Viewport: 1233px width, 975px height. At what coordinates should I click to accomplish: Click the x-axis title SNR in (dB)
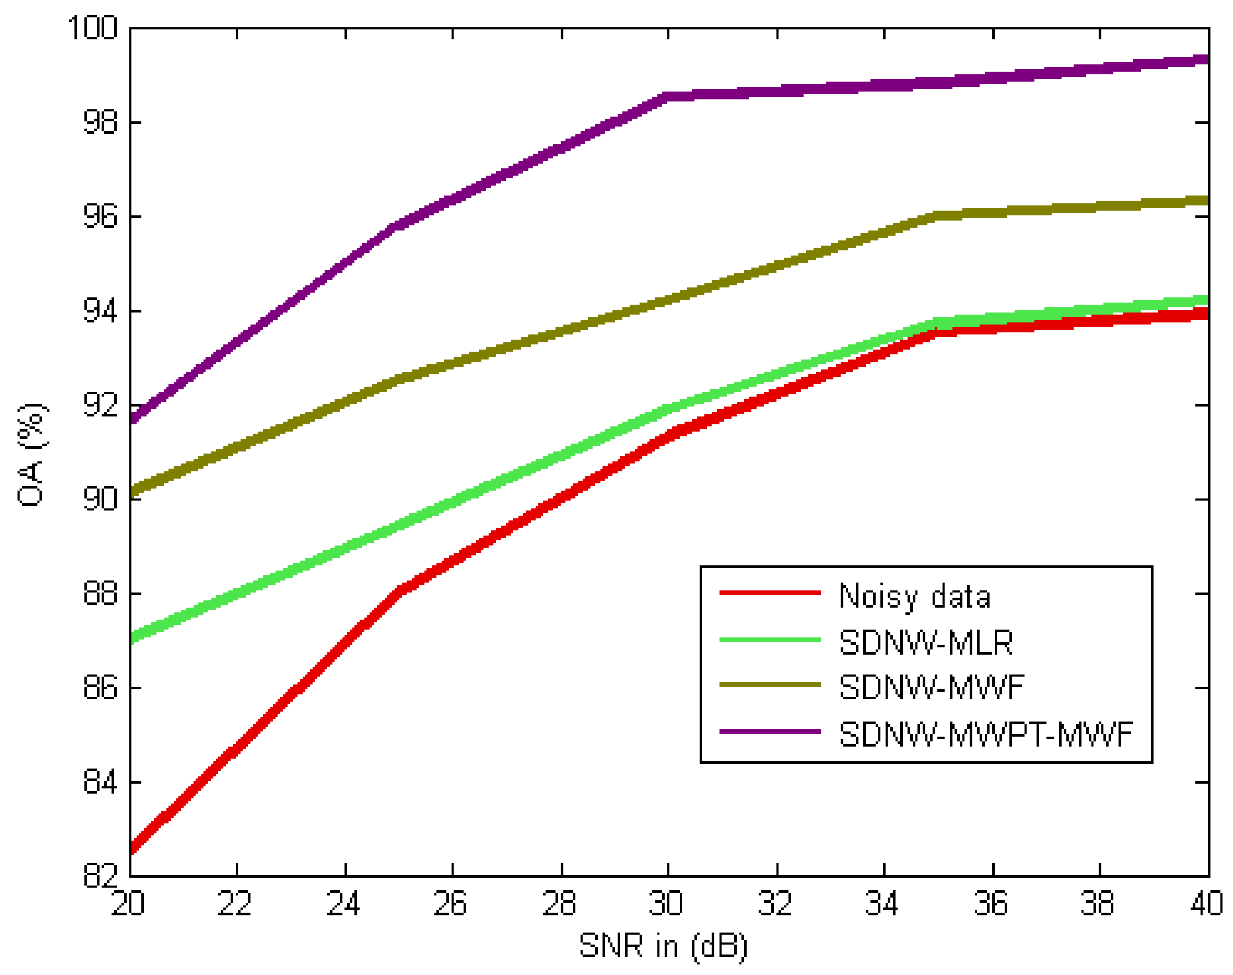point(663,946)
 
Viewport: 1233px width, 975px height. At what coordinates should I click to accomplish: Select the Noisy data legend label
point(914,596)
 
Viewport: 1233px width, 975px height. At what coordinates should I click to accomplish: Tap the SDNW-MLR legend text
point(926,642)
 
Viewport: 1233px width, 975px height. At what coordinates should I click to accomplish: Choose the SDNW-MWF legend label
point(932,687)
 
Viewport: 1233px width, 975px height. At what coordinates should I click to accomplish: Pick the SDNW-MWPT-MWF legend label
point(986,734)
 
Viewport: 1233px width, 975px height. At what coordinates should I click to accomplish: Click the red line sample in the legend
point(770,592)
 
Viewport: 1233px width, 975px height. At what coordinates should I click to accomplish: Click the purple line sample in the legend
point(770,731)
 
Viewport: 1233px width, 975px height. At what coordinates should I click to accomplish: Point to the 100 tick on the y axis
point(93,28)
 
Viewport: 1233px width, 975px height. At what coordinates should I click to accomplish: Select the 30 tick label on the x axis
point(667,903)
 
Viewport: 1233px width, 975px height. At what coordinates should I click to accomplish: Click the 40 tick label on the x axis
point(1206,903)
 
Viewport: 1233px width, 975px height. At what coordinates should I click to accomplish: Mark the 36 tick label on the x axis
point(991,903)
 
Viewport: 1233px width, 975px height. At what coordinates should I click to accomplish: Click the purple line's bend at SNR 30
point(668,97)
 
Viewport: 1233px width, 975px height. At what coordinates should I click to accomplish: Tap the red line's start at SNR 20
point(132,848)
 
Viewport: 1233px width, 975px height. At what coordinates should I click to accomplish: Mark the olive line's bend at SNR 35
point(937,216)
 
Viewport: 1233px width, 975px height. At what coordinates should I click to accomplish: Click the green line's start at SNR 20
point(132,637)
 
